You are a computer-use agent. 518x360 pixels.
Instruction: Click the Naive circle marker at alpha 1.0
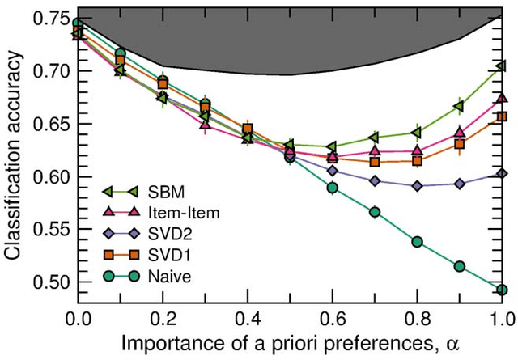pos(502,290)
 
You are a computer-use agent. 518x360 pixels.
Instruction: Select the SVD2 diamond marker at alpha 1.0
pos(502,172)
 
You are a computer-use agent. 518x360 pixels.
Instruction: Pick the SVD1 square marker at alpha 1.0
pos(502,116)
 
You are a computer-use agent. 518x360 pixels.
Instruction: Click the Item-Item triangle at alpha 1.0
pos(502,98)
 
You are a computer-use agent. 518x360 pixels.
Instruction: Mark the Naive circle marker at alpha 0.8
pos(417,242)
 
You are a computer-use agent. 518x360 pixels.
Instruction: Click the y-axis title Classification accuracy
pos(14,154)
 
